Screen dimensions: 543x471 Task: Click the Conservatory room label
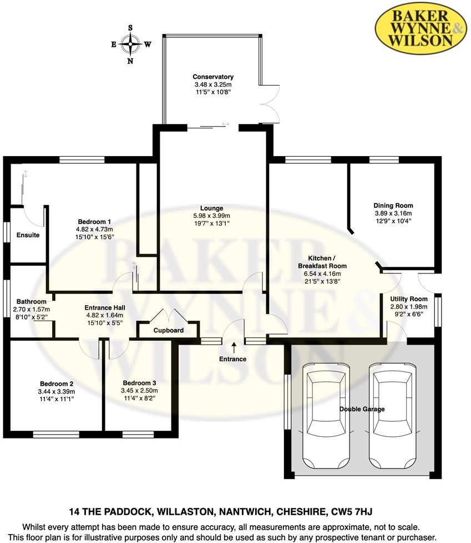(x=212, y=77)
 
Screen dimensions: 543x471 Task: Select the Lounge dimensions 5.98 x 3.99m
(x=211, y=216)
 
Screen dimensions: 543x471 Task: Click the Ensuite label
(x=28, y=235)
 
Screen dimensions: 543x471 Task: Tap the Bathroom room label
(x=31, y=302)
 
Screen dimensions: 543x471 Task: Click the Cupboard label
(x=168, y=331)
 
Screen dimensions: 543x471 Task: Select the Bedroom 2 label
(x=57, y=383)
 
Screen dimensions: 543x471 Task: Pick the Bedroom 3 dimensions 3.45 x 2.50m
(x=140, y=391)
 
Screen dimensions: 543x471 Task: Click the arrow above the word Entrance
(x=234, y=348)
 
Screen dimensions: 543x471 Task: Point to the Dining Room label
(x=393, y=205)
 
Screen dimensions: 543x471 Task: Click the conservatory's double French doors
(x=270, y=103)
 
